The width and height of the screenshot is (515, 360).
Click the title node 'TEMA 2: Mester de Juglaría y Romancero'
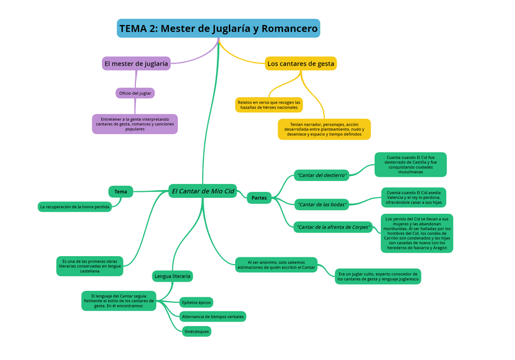(218, 29)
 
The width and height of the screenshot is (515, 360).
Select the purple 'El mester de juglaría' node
(136, 63)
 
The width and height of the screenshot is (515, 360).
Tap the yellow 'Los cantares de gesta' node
(301, 63)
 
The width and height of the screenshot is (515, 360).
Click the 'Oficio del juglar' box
(135, 93)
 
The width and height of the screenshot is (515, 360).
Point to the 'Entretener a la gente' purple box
(135, 124)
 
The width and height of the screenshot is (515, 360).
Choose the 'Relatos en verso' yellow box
(268, 104)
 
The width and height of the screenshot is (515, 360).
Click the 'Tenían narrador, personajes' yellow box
(324, 129)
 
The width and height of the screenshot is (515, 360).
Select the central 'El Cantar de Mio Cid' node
(202, 191)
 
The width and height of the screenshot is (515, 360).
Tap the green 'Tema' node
(120, 192)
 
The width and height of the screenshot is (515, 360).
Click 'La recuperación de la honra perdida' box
(75, 207)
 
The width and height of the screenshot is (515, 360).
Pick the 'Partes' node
(259, 197)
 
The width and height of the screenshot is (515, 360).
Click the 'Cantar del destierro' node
(321, 175)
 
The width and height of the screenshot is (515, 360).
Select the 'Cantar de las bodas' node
(322, 205)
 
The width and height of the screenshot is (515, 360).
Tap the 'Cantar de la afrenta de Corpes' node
(333, 227)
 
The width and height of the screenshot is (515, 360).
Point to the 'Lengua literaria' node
(172, 276)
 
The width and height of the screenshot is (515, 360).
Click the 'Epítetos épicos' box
(196, 302)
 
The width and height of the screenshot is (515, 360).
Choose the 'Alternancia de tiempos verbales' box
(213, 316)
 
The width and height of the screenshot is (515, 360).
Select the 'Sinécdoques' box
(196, 331)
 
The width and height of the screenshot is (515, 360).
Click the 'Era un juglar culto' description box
(378, 276)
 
